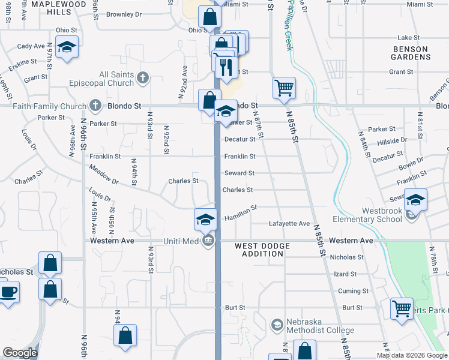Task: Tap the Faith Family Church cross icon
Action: pyautogui.click(x=95, y=106)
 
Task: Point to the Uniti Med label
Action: pyautogui.click(x=181, y=241)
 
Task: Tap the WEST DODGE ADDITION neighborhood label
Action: pyautogui.click(x=262, y=250)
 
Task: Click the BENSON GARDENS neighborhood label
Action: pyautogui.click(x=411, y=53)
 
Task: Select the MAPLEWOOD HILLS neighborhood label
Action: pyautogui.click(x=59, y=7)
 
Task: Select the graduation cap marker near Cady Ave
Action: pyautogui.click(x=67, y=46)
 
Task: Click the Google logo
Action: pyautogui.click(x=20, y=353)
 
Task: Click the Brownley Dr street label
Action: pyautogui.click(x=124, y=13)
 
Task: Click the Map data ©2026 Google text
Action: pyautogui.click(x=411, y=355)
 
